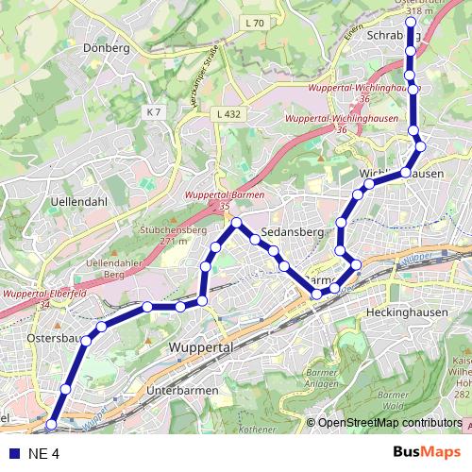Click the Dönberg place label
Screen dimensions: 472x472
point(107,47)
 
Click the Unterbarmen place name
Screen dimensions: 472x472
point(183,390)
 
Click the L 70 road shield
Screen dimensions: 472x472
point(254,23)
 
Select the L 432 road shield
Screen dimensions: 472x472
point(228,113)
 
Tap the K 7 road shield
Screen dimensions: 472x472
point(154,112)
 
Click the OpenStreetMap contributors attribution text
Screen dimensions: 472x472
point(390,423)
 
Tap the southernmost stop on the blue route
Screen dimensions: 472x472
point(51,426)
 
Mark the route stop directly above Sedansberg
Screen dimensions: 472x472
point(237,223)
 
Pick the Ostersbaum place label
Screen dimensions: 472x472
point(57,337)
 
